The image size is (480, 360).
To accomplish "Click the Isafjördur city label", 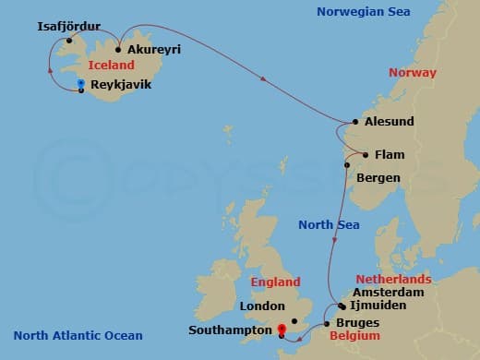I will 68,27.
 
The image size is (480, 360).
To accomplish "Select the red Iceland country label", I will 112,66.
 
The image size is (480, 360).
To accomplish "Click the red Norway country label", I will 413,73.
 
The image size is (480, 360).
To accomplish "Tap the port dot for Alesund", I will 355,122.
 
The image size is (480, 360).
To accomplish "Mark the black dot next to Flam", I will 366,155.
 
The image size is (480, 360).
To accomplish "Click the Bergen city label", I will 378,177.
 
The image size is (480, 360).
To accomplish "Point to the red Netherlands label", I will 394,279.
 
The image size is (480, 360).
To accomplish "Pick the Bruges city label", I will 358,325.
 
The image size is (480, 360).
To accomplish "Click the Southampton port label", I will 227,329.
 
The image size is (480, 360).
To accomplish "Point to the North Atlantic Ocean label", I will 78,335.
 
